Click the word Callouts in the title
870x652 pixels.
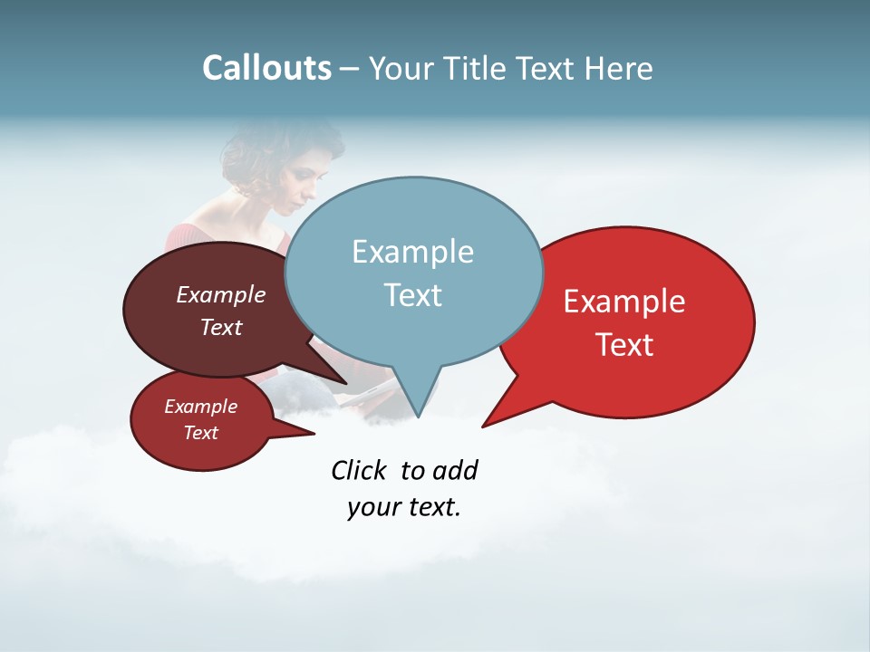[x=266, y=68]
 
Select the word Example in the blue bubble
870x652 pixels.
[x=412, y=252]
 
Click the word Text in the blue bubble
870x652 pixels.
[x=412, y=295]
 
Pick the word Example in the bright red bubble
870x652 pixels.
[x=624, y=302]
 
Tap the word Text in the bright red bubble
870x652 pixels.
[x=625, y=345]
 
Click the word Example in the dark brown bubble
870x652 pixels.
[x=220, y=294]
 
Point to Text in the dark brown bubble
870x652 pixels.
[x=221, y=327]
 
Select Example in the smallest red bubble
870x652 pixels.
[x=200, y=407]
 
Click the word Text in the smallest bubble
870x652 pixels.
[x=200, y=433]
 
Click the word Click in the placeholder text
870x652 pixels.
[x=361, y=470]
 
